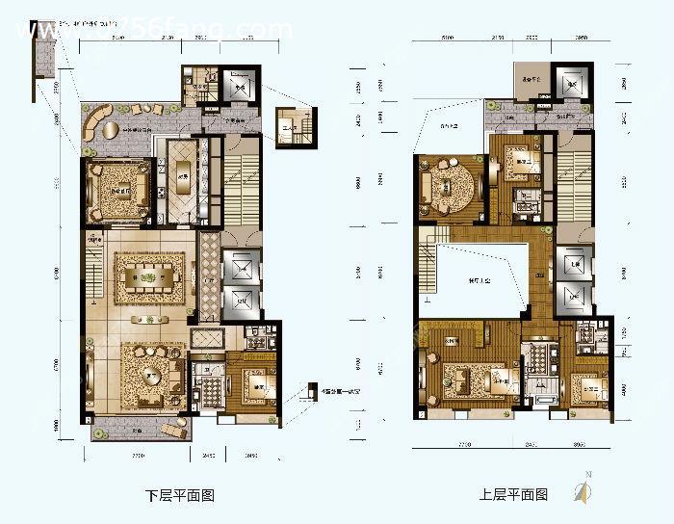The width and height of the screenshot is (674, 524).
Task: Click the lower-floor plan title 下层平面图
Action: (x=179, y=496)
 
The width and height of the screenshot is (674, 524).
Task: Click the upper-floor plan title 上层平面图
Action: (x=513, y=496)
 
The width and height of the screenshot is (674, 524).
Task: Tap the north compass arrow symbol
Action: (x=581, y=490)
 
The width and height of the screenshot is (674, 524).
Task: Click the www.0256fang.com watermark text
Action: (x=154, y=31)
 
